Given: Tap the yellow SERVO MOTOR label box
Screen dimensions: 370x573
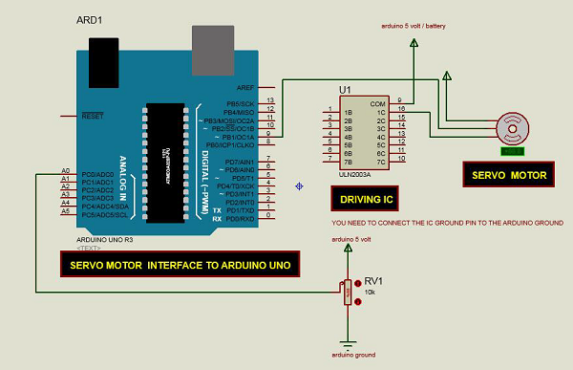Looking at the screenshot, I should click(x=509, y=175).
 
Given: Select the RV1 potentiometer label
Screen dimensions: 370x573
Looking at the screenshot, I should click(x=373, y=281).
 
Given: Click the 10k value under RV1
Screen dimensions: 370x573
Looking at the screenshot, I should click(x=371, y=293).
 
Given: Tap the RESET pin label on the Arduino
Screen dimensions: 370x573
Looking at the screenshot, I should click(x=93, y=116).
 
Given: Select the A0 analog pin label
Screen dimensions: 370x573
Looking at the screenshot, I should click(x=65, y=172).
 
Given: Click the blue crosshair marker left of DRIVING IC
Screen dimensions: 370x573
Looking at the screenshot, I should click(x=300, y=185).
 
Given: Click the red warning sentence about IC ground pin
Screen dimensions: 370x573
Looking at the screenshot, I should click(x=439, y=222).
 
